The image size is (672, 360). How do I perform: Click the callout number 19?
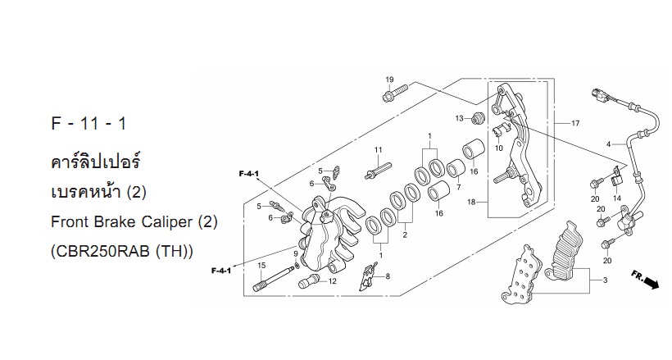[389, 80]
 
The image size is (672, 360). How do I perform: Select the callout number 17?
[575, 124]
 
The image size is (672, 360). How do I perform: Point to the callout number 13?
[460, 118]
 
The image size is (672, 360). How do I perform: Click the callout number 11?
[378, 150]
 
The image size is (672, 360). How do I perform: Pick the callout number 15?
[261, 266]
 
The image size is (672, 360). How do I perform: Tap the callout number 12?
[333, 281]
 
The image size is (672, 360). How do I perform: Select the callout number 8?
[388, 276]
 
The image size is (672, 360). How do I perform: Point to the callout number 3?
[605, 280]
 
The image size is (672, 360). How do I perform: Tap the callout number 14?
[617, 198]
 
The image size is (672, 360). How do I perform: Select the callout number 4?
[608, 144]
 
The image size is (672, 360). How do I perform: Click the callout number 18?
[471, 202]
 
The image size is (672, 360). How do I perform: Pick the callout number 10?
[498, 148]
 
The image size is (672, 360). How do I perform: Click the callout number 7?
[458, 188]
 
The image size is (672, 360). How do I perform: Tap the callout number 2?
[405, 235]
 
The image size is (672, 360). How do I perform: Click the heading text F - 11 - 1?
[89, 124]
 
